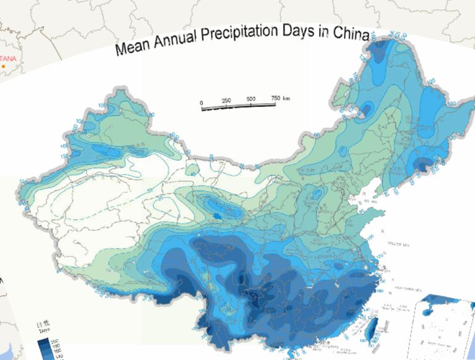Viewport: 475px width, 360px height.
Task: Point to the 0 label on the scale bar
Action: pyautogui.click(x=201, y=102)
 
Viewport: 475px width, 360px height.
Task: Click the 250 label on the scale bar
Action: pyautogui.click(x=226, y=100)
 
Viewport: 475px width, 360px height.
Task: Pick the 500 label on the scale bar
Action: pyautogui.click(x=251, y=100)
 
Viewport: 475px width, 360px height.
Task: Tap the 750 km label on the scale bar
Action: pyautogui.click(x=280, y=98)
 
